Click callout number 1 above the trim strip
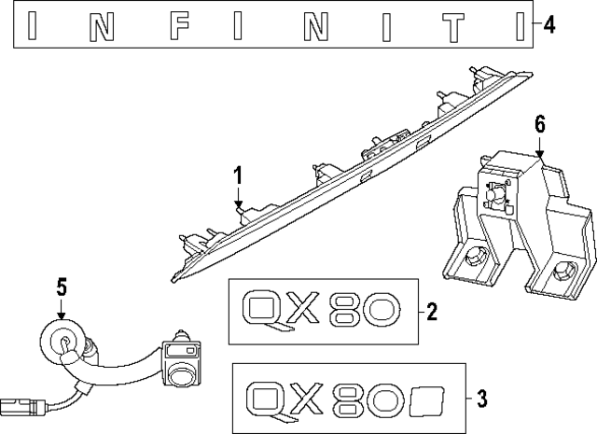tap(238, 174)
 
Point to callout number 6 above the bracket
tap(540, 124)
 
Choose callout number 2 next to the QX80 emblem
tap(432, 310)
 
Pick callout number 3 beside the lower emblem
tap(481, 399)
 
